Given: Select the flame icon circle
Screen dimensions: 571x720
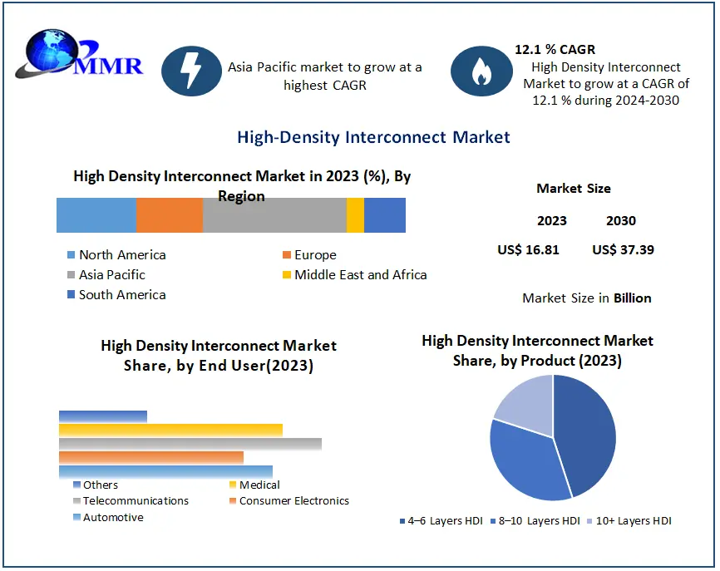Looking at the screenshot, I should [481, 71].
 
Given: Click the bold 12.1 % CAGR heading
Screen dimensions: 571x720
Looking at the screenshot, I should [555, 50].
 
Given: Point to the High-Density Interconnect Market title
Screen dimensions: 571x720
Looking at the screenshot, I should [373, 136].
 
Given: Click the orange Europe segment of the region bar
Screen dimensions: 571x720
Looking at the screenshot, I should [170, 215].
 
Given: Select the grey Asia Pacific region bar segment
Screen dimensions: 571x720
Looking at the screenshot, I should [274, 215].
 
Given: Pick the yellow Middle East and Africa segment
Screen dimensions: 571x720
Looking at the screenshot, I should [355, 215].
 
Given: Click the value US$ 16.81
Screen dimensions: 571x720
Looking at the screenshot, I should [528, 249].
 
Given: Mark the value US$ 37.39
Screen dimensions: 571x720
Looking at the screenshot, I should [623, 249].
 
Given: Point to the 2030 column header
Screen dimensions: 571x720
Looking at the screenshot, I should [621, 220].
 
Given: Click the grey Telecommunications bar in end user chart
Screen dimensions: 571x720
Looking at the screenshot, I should [190, 444].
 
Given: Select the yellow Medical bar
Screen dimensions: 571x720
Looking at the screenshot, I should [170, 430].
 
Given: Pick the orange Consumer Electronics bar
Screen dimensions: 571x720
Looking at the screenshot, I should [151, 457].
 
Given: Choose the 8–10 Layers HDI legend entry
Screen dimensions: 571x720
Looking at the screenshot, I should [537, 521].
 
